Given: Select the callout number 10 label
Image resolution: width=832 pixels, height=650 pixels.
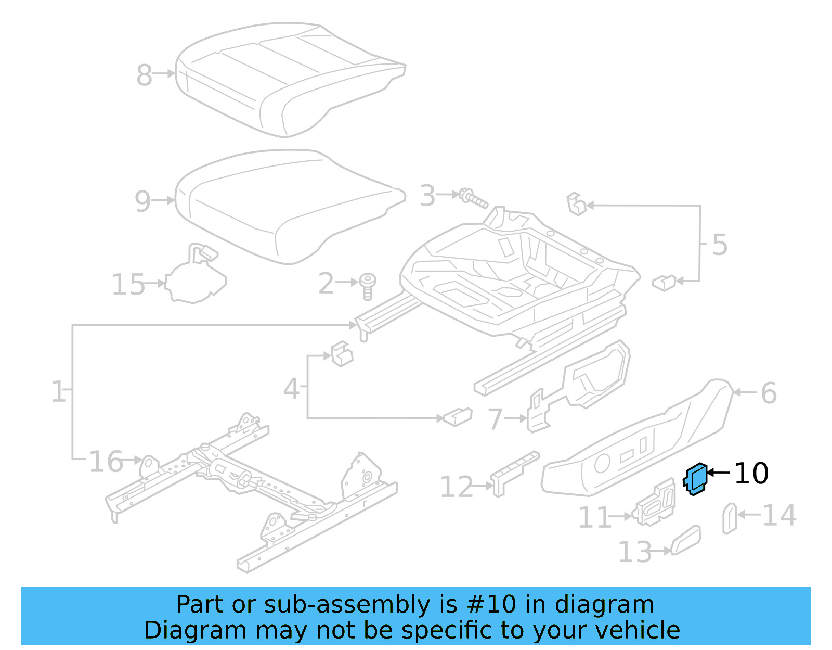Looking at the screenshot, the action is pos(751,474).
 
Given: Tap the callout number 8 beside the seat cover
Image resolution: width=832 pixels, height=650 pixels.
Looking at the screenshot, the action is pos(144,75).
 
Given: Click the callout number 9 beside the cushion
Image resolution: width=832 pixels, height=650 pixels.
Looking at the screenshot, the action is pos(142,201).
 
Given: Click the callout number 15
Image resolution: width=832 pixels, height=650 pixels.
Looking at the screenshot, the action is pos(128,285).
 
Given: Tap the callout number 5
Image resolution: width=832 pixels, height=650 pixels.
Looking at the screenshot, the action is pos(719,245).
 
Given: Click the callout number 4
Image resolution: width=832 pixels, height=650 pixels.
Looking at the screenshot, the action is pos(291,389).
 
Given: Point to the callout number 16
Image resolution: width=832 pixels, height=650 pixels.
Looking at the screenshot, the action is pos(106,462).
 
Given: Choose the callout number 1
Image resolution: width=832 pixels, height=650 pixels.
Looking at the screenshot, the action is pos(58,391).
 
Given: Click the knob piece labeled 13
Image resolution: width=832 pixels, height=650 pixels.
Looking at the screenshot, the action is pos(685,540).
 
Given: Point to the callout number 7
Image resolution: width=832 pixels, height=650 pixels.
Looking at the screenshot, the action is pos(495,419).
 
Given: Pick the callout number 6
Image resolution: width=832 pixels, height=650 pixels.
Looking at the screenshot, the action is pos(769,393).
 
